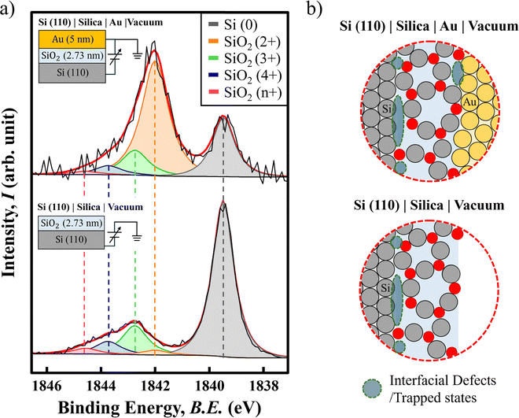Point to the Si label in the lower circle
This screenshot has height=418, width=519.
click(385, 288)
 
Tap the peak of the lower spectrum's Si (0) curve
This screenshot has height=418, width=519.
click(223, 203)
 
